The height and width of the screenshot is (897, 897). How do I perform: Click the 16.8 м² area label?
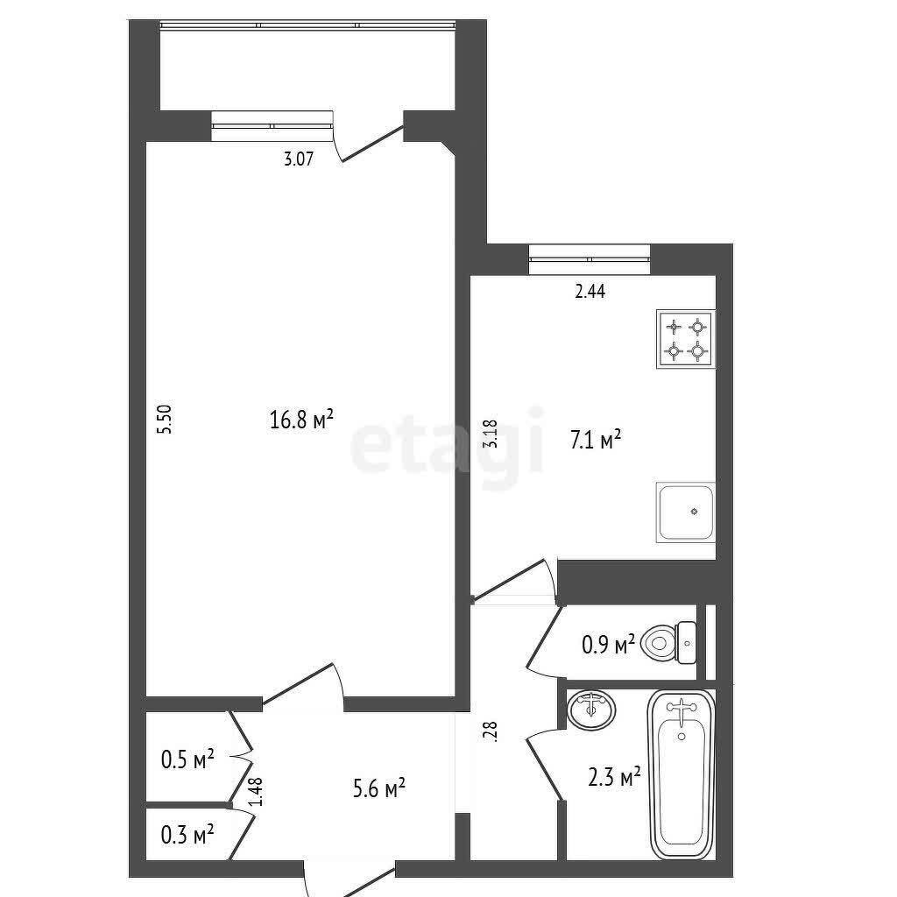(x=301, y=420)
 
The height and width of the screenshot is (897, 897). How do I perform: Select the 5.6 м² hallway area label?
(x=379, y=789)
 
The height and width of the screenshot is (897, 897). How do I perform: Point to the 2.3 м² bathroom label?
(x=614, y=777)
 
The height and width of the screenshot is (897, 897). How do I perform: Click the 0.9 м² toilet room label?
(x=608, y=644)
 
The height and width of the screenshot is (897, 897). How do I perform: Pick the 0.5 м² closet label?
(x=187, y=759)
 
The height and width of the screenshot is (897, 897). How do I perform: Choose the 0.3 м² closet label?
(x=187, y=835)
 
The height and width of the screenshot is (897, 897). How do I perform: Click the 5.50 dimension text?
(x=165, y=420)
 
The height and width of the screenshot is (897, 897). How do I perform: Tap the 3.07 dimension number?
(x=299, y=158)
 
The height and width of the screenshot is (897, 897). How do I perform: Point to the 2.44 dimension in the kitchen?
(x=590, y=292)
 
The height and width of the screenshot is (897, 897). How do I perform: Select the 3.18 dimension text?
(x=491, y=434)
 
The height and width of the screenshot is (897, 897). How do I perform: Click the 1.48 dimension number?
(x=257, y=791)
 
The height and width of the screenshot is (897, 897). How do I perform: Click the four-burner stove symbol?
(x=686, y=339)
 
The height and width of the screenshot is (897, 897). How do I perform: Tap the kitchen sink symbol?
(x=686, y=512)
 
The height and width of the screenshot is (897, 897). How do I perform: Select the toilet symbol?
(x=668, y=643)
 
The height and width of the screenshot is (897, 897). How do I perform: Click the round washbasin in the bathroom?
(x=591, y=710)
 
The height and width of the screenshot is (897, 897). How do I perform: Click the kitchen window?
(x=590, y=259)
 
